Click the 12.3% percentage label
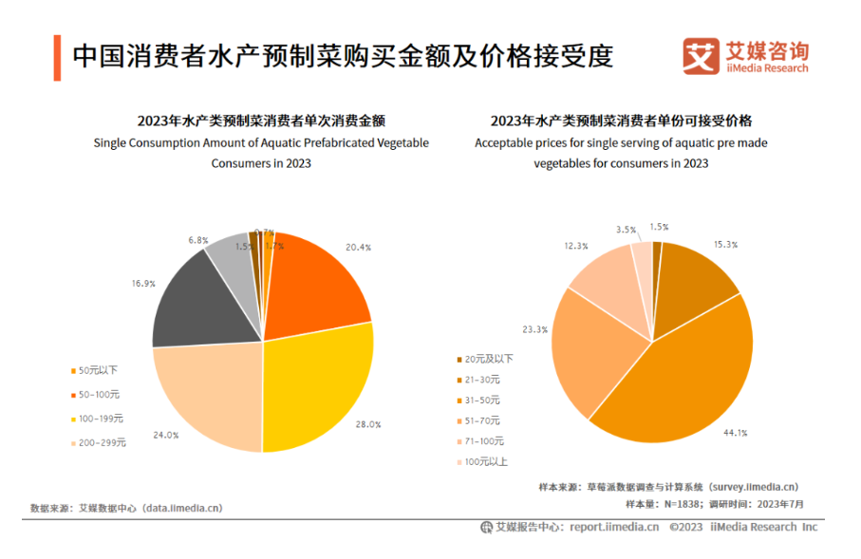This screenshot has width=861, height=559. coord(576,245)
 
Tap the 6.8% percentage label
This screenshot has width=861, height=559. coord(197,240)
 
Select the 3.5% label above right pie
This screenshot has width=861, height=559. coord(626,230)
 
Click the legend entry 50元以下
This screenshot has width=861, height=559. coord(98,369)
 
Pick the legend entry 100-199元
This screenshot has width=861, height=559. coord(101,418)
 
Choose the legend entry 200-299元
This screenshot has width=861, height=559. coord(101,442)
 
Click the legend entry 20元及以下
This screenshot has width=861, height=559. coord(490,359)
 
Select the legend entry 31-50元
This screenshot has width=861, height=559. coord(484,401)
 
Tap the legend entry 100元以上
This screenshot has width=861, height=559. coord(486,462)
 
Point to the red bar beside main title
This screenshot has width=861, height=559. coord(58,57)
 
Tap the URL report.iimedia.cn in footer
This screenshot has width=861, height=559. coord(614,527)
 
